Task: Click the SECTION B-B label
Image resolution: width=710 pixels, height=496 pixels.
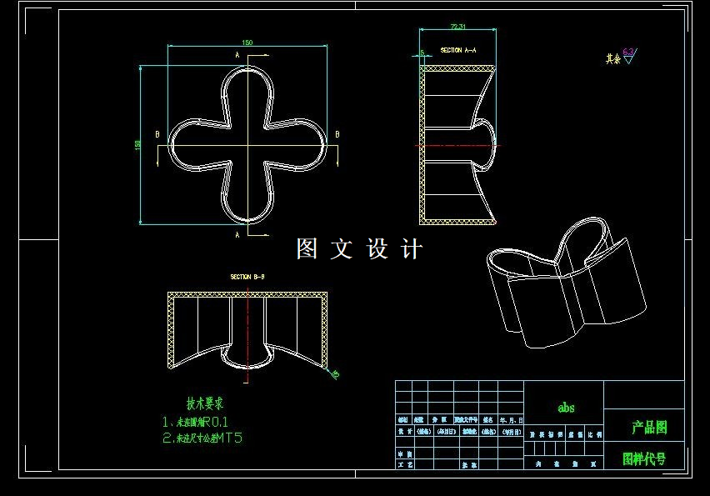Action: pyautogui.click(x=247, y=277)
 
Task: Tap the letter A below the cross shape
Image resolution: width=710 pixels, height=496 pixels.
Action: pyautogui.click(x=238, y=235)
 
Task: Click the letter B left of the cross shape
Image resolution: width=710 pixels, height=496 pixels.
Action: pyautogui.click(x=157, y=134)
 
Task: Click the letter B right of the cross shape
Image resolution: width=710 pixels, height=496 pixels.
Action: pyautogui.click(x=337, y=134)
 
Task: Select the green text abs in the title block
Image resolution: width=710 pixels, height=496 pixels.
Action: pyautogui.click(x=566, y=408)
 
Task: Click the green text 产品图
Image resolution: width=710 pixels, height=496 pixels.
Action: pyautogui.click(x=649, y=428)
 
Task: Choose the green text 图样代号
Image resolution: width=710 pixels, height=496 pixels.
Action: pyautogui.click(x=644, y=458)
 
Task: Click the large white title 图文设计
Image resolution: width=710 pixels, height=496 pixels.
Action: pyautogui.click(x=360, y=248)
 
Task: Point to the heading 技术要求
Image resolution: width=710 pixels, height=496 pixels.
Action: pyautogui.click(x=204, y=403)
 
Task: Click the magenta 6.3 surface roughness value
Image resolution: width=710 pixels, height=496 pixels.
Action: pyautogui.click(x=628, y=52)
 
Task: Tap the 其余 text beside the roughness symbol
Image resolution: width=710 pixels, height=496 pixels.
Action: pyautogui.click(x=613, y=59)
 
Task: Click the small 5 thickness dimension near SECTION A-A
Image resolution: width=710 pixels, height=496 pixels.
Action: pyautogui.click(x=422, y=53)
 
